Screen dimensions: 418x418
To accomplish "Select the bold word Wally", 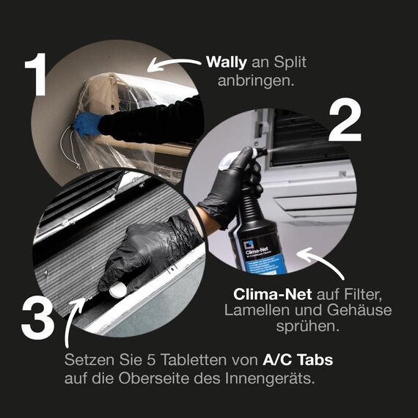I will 227,62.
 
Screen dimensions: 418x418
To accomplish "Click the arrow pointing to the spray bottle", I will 317,263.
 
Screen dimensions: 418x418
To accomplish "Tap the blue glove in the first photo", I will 87,125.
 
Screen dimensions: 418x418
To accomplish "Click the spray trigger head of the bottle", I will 243,155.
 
